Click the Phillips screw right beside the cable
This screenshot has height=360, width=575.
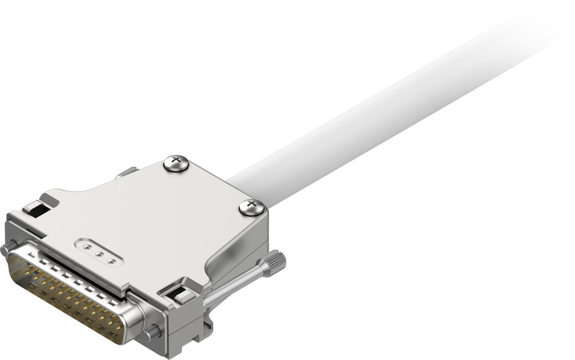tap(251, 206)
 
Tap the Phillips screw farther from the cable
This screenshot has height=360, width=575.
tap(176, 163)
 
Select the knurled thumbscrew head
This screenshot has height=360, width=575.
tap(274, 263)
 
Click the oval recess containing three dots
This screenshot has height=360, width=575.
tap(99, 252)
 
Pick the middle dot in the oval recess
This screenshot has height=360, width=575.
tap(99, 253)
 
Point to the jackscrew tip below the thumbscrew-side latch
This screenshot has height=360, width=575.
tap(152, 332)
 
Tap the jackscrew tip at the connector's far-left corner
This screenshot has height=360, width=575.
tap(7, 248)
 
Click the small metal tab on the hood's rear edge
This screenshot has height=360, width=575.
tap(126, 172)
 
